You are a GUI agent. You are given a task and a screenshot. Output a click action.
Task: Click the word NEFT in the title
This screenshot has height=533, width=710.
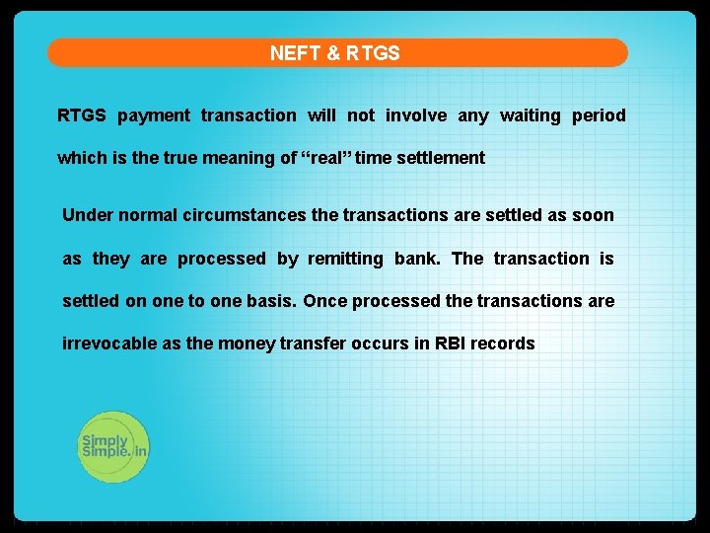[293, 53]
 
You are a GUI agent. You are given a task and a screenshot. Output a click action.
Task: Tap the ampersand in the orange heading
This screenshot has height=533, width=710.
[331, 53]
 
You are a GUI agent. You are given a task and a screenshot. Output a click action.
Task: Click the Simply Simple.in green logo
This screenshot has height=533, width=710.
[113, 447]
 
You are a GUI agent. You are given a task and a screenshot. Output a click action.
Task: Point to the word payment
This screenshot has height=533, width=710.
[154, 115]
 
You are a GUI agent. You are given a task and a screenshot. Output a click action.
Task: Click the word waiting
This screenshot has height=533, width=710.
[530, 115]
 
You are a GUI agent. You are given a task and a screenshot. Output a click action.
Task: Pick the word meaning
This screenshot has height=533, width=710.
[236, 158]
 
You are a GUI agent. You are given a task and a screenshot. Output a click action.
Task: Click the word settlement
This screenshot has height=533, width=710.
[441, 158]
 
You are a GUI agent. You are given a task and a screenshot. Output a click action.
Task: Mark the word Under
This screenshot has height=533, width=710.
[85, 215]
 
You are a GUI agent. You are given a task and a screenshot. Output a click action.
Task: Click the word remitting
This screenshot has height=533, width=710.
[345, 259]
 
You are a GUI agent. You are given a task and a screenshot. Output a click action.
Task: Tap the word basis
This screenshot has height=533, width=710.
[270, 301]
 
